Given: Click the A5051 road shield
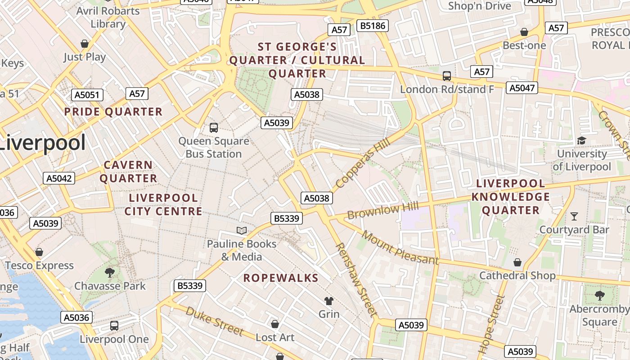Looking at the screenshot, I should tap(87, 95).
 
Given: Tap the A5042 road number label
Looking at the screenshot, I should tap(59, 178).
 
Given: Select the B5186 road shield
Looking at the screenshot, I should tap(373, 26).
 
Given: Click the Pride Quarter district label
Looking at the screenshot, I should tap(113, 112).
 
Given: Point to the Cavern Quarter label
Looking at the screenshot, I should tap(128, 171).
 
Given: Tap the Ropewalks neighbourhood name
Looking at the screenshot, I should tap(281, 278).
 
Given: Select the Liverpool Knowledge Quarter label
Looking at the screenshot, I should tap(511, 197).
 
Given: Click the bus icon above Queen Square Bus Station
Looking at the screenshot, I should tap(214, 128).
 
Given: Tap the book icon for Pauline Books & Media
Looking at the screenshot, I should tap(242, 231).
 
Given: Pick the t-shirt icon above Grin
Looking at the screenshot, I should tap(329, 301).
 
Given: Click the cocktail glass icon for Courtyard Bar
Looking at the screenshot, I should tap(574, 216).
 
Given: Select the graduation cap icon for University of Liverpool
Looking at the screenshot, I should tap(581, 141).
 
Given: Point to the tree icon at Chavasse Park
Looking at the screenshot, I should tap(109, 272).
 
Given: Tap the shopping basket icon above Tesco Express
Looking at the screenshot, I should tap(39, 252).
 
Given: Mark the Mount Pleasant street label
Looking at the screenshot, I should tap(400, 247).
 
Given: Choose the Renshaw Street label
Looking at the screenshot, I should tap(355, 279).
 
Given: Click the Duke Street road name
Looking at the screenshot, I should tap(215, 321).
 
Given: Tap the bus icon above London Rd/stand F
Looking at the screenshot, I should tap(446, 76).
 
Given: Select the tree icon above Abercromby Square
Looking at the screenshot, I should tap(599, 296).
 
